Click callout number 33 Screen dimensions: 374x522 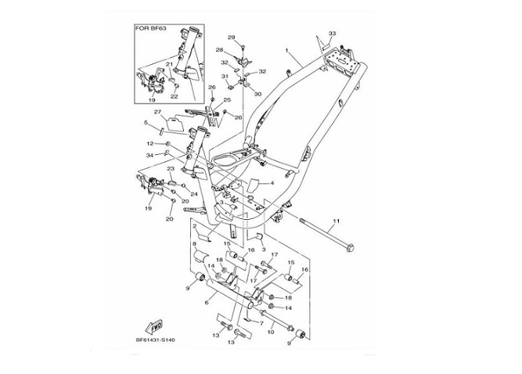tap(332, 34)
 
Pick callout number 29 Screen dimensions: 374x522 tap(231, 38)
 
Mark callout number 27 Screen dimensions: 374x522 tap(157, 112)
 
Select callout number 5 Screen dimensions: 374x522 tap(146, 123)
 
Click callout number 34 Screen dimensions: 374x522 tap(149, 155)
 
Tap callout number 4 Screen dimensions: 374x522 tap(271, 182)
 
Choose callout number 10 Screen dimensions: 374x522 tap(271, 333)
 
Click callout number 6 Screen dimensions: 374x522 tap(206, 300)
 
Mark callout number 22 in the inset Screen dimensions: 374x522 tap(174, 95)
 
